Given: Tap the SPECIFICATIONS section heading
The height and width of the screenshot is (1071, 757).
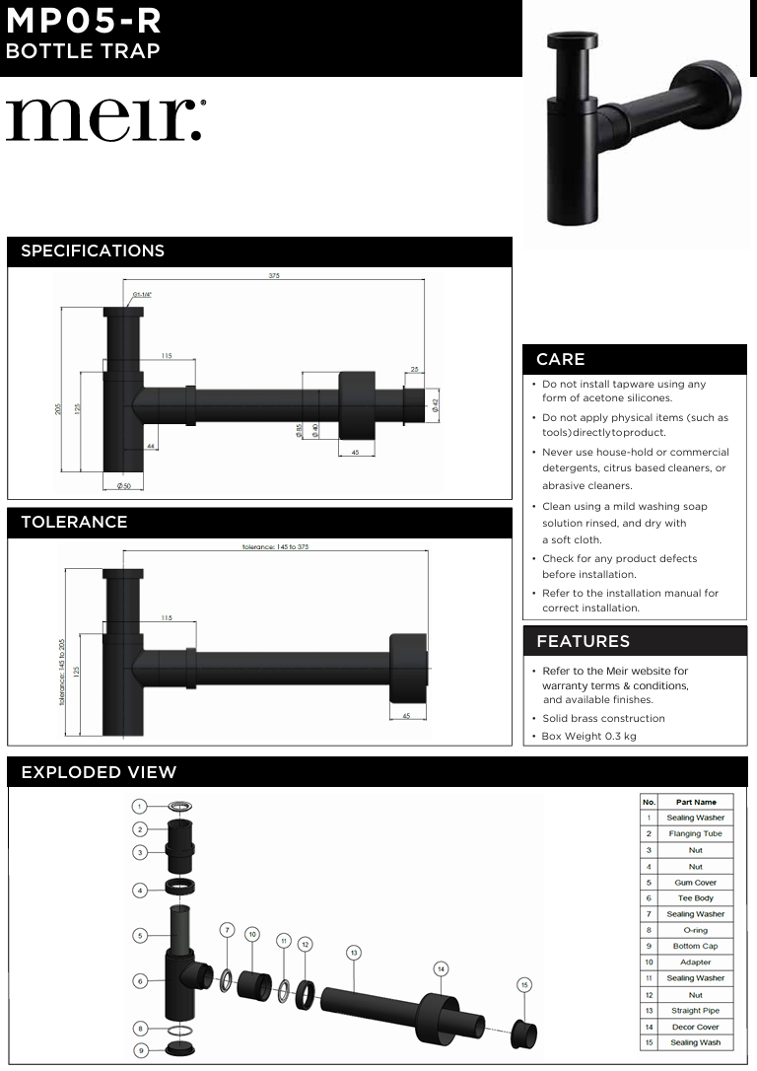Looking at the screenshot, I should pyautogui.click(x=93, y=250).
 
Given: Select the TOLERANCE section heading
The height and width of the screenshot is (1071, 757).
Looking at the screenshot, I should pyautogui.click(x=74, y=522).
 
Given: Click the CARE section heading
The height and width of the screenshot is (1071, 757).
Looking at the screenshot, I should pyautogui.click(x=560, y=359).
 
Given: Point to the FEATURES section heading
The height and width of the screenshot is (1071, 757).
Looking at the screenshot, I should pyautogui.click(x=583, y=641).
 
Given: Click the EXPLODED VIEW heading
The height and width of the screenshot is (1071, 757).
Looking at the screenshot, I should pyautogui.click(x=99, y=772).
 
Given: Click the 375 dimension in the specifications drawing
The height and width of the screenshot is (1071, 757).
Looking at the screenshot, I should pyautogui.click(x=274, y=276).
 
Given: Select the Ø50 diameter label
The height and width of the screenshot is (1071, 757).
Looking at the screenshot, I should pyautogui.click(x=124, y=486).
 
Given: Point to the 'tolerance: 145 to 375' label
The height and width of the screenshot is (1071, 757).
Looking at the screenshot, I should pyautogui.click(x=282, y=546).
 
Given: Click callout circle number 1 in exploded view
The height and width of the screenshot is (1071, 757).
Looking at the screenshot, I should pyautogui.click(x=140, y=806).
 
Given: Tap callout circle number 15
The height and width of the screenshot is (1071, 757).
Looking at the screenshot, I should pyautogui.click(x=524, y=984).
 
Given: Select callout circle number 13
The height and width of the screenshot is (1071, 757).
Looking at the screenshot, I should pyautogui.click(x=353, y=952).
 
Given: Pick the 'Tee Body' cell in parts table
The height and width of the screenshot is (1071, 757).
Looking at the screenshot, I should pyautogui.click(x=695, y=898).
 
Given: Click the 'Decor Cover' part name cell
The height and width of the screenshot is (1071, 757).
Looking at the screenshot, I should pyautogui.click(x=695, y=1027).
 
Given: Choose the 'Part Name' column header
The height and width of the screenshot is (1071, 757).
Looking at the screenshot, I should pyautogui.click(x=695, y=802).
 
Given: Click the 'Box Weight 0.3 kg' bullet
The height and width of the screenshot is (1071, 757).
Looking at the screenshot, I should pyautogui.click(x=588, y=737).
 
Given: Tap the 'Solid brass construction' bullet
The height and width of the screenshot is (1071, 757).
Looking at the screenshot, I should pyautogui.click(x=603, y=718).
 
